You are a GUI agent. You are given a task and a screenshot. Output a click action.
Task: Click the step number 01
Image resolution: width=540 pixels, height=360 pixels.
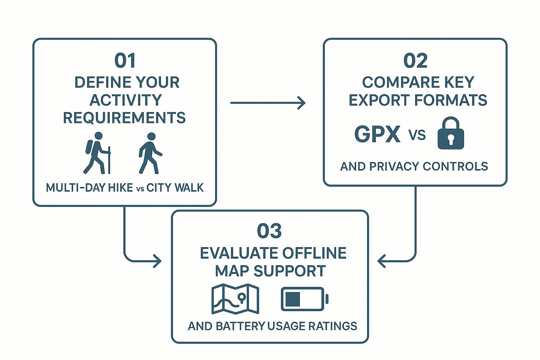[x=125, y=61]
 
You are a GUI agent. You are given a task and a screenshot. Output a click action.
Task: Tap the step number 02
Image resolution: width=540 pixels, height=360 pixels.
[x=415, y=61]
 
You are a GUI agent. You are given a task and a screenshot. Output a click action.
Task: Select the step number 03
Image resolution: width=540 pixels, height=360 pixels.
[x=269, y=231]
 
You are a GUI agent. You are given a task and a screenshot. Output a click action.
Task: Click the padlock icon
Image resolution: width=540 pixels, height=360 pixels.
[x=450, y=133]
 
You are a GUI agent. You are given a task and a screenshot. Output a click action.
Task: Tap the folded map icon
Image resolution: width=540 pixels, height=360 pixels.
[x=235, y=299]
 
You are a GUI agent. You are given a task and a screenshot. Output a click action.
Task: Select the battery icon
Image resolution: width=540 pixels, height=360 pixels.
[x=304, y=299]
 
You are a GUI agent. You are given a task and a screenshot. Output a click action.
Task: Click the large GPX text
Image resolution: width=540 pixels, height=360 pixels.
[x=377, y=134]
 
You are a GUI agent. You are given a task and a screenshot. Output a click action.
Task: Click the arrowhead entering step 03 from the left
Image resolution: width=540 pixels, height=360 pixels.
[x=157, y=261]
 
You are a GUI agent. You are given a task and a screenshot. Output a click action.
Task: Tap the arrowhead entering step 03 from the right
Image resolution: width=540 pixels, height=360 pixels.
[x=382, y=261]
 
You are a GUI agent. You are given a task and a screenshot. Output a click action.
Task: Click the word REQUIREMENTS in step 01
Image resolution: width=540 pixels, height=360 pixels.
[x=124, y=118]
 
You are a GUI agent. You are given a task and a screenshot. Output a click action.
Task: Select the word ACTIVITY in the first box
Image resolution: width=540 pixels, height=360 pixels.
[x=126, y=100]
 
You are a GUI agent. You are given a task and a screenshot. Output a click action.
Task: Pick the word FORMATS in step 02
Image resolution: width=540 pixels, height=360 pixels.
[x=451, y=100]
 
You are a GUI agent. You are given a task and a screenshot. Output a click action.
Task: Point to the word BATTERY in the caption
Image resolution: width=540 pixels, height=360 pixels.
[x=240, y=326]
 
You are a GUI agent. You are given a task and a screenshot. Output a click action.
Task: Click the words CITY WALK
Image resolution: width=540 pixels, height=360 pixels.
[x=175, y=188]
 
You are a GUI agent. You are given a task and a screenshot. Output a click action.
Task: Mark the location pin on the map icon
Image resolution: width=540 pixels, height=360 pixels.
[x=242, y=298]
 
